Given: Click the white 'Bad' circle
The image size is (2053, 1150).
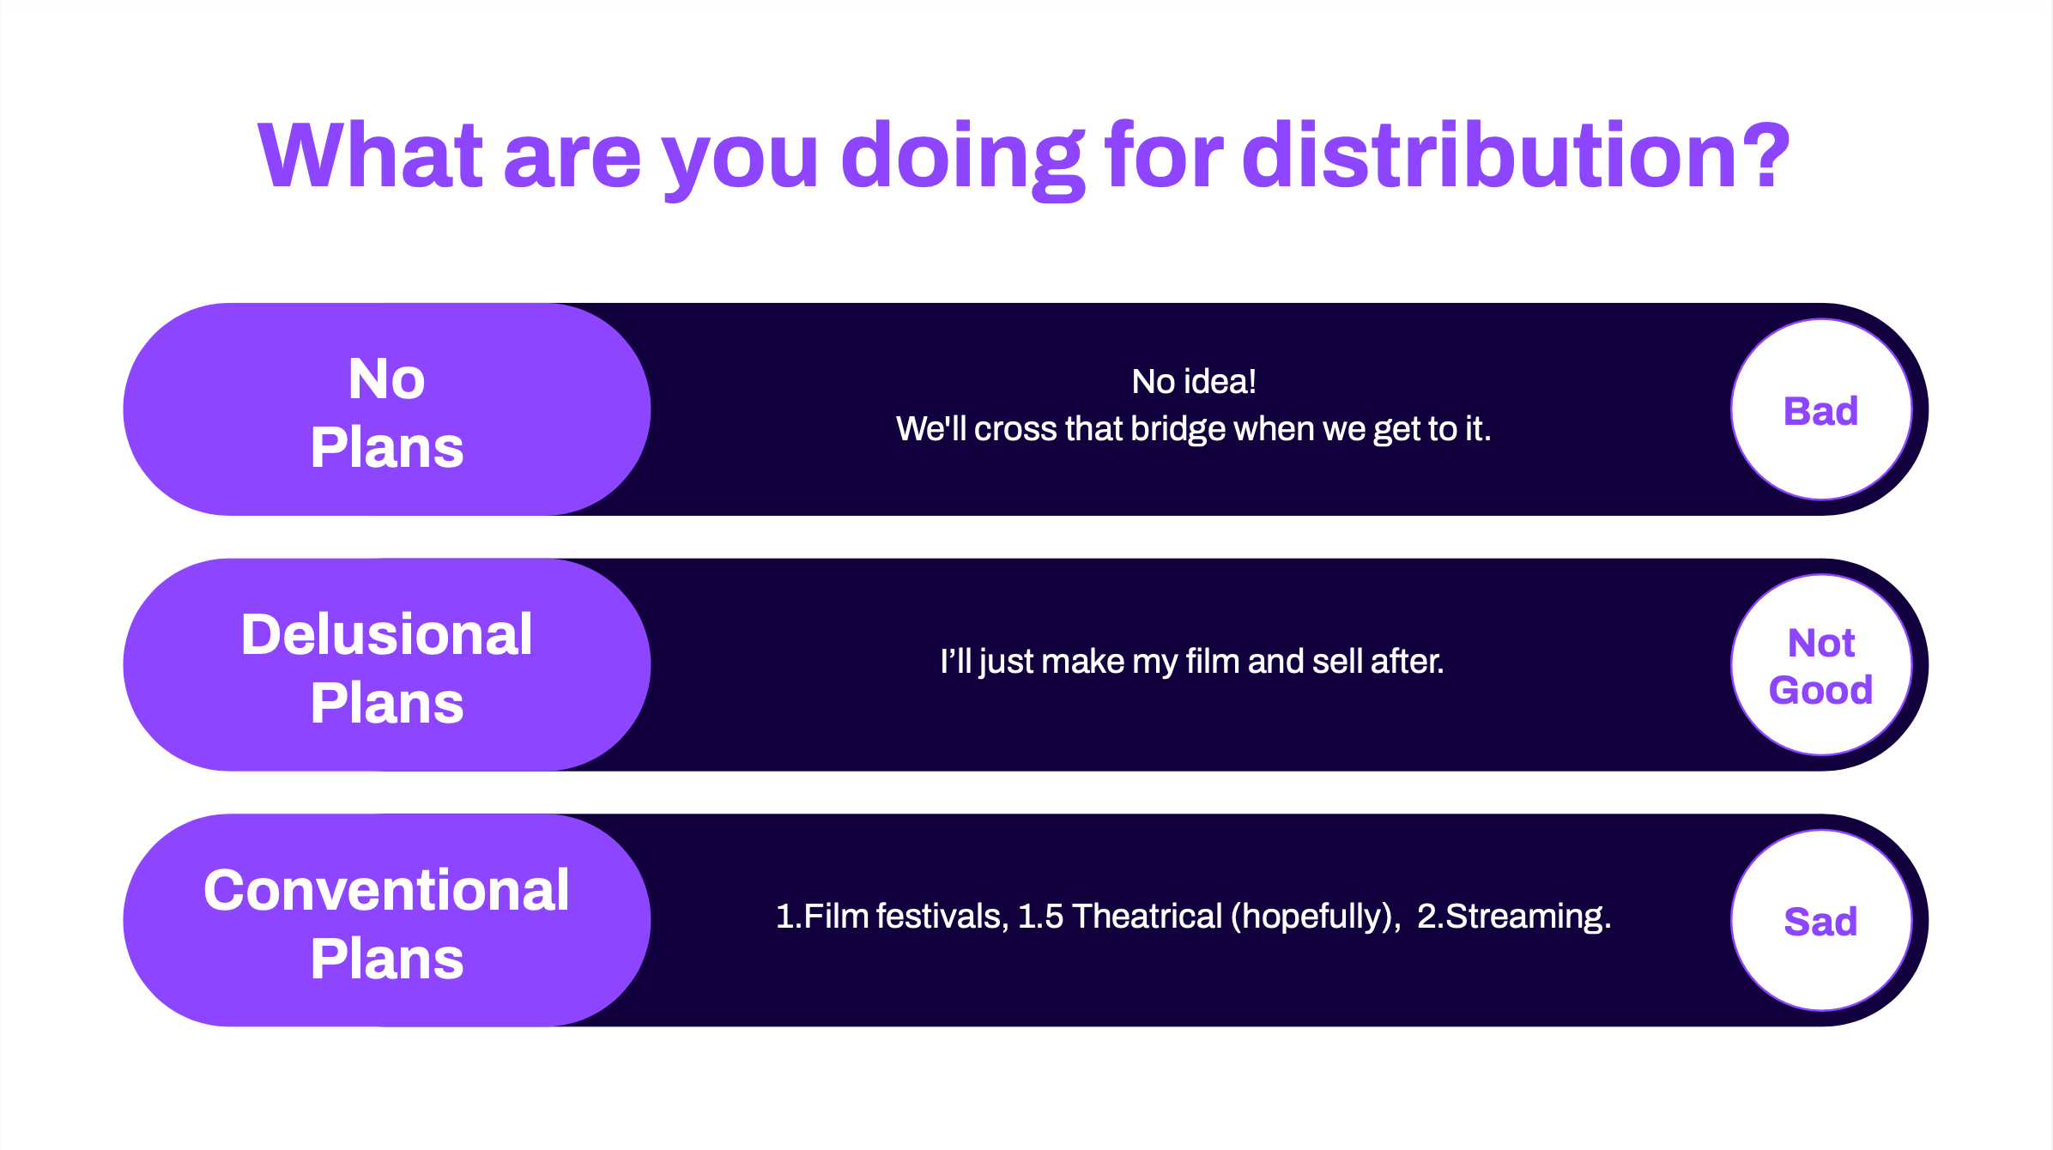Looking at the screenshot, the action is pos(1821,409).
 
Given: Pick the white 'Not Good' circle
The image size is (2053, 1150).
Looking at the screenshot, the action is pos(1821,665).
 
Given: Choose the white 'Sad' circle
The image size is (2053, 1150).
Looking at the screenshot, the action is pos(1821,921).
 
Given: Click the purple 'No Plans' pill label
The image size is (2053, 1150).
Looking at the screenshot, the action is pos(387,409).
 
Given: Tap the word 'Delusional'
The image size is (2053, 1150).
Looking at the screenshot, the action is pos(387,634).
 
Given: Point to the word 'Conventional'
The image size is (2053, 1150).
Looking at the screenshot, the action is pos(387,890).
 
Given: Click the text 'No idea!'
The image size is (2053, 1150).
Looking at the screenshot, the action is pos(1194,382).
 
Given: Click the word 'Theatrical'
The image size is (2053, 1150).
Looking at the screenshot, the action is pos(1148,917).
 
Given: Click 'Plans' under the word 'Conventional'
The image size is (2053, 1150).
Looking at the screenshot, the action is pos(387,959).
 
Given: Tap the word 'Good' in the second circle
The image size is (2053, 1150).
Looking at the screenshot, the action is pos(1821,690).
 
